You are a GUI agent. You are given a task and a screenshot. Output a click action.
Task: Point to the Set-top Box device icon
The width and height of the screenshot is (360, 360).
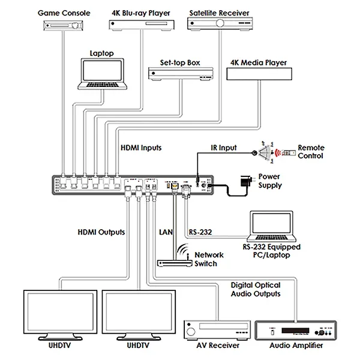pyautogui.click(x=182, y=73)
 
